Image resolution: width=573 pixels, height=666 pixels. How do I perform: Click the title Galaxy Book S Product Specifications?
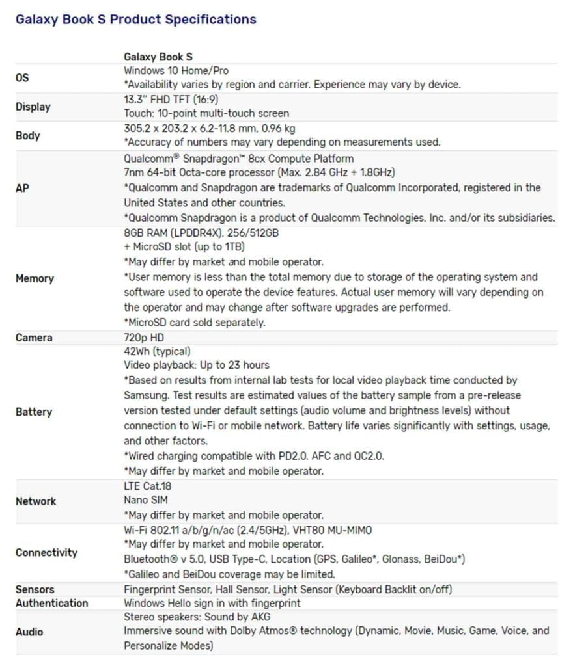pos(135,20)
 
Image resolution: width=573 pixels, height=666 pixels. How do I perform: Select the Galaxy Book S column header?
pos(158,57)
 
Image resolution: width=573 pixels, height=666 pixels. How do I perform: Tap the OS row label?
pos(22,78)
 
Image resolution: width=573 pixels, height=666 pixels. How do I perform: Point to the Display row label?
pos(33,107)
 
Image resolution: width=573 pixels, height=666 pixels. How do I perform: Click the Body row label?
pos(27,136)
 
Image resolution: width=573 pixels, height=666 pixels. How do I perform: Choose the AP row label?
pos(22,188)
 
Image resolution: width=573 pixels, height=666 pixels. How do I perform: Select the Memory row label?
pos(35,278)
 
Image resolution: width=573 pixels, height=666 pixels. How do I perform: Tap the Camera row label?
pos(34,338)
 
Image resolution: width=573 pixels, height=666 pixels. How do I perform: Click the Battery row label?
pos(33,412)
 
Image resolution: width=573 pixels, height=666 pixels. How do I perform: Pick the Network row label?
pos(36,501)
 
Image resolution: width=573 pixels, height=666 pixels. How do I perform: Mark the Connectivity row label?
pos(46,553)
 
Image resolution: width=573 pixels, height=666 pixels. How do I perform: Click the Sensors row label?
pos(35,589)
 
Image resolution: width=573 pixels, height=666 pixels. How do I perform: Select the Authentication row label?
pos(51,603)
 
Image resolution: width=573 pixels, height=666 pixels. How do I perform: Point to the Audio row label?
pos(29,632)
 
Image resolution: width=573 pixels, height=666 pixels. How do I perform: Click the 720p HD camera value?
pos(144,338)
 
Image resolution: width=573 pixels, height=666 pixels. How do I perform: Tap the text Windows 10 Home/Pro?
pos(176,70)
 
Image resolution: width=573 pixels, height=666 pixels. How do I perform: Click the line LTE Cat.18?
pos(147,486)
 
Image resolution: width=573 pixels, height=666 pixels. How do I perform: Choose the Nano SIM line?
pos(146,500)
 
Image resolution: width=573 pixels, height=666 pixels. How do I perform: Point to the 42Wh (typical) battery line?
pos(157,351)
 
